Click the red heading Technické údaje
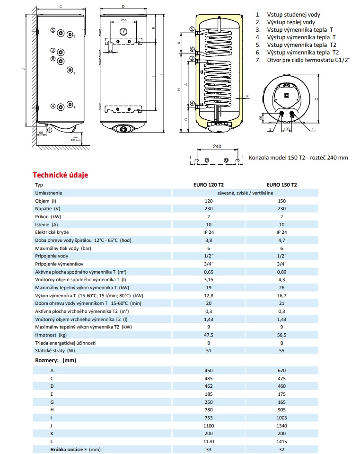pyautogui.click(x=60, y=175)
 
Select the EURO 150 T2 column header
pyautogui.click(x=281, y=185)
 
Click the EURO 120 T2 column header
pyautogui.click(x=208, y=185)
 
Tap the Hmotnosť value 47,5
pyautogui.click(x=208, y=335)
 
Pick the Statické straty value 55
pyautogui.click(x=281, y=351)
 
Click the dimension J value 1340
pyautogui.click(x=281, y=426)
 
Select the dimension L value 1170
pyautogui.click(x=208, y=442)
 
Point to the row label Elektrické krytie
pyautogui.click(x=52, y=232)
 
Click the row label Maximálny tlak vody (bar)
pyautogui.click(x=63, y=249)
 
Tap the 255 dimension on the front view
pyautogui.click(x=123, y=20)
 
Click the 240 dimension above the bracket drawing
pyautogui.click(x=217, y=146)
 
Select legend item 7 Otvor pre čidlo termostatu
pyautogui.click(x=303, y=60)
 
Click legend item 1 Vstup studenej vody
pyautogui.click(x=288, y=15)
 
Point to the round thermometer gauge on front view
pyautogui.click(x=123, y=31)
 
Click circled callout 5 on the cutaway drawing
pyautogui.click(x=192, y=29)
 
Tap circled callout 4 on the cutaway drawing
pyautogui.click(x=193, y=103)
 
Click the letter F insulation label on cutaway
pyautogui.click(x=247, y=96)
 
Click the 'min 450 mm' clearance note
pyautogui.click(x=76, y=139)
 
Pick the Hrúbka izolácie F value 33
pyautogui.click(x=208, y=450)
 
